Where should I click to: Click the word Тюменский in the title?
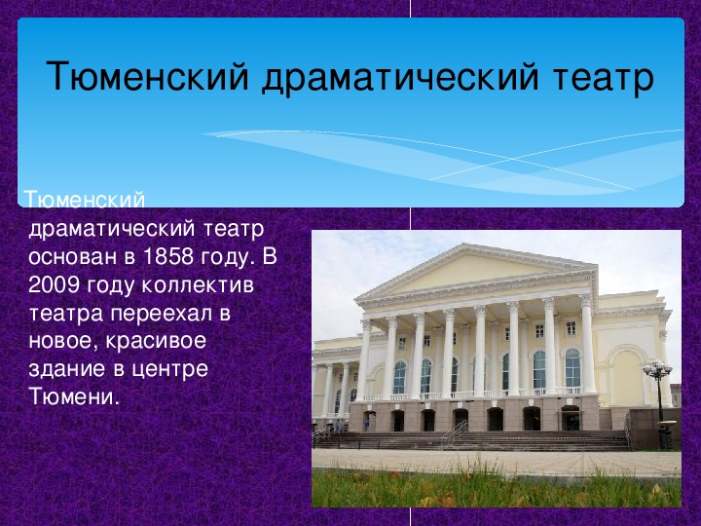[147, 76]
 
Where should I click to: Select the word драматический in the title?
[400, 77]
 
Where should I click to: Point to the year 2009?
[54, 284]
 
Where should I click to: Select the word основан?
[73, 257]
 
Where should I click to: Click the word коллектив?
[198, 285]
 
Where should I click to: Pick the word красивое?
[156, 342]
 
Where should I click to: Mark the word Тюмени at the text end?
[74, 396]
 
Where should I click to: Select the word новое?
[63, 342]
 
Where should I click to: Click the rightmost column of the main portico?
[587, 344]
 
